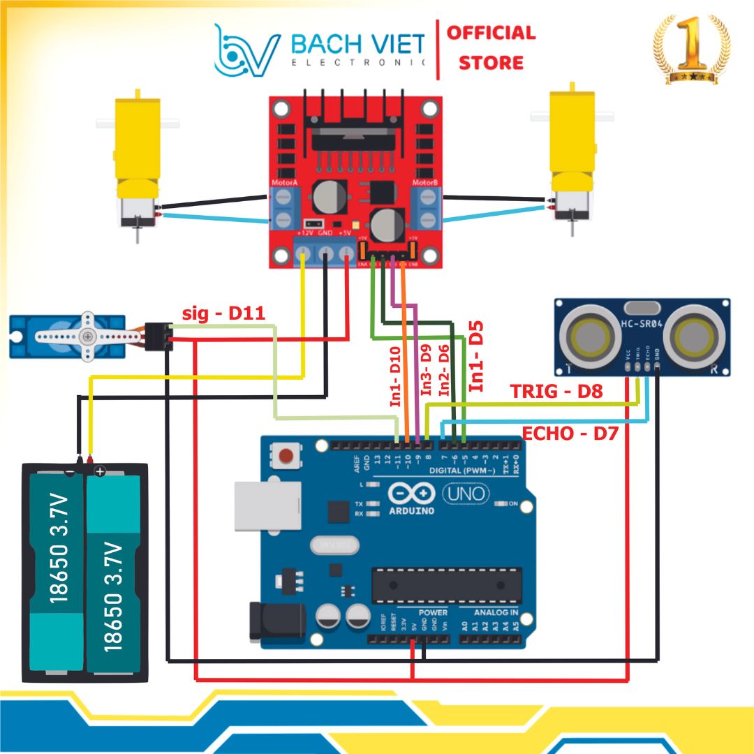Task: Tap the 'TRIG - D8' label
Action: pyautogui.click(x=556, y=391)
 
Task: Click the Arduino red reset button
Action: pyautogui.click(x=285, y=457)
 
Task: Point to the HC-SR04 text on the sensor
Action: pyautogui.click(x=642, y=323)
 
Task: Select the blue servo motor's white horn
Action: pyautogui.click(x=87, y=336)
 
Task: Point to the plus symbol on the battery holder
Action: pyautogui.click(x=100, y=472)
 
